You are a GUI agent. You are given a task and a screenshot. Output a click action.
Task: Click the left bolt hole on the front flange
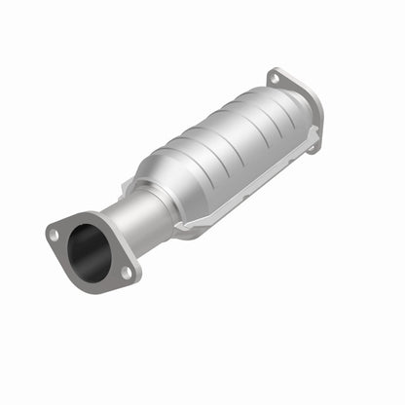(x=55, y=235)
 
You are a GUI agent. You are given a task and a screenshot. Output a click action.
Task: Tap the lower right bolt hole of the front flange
(x=127, y=273)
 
